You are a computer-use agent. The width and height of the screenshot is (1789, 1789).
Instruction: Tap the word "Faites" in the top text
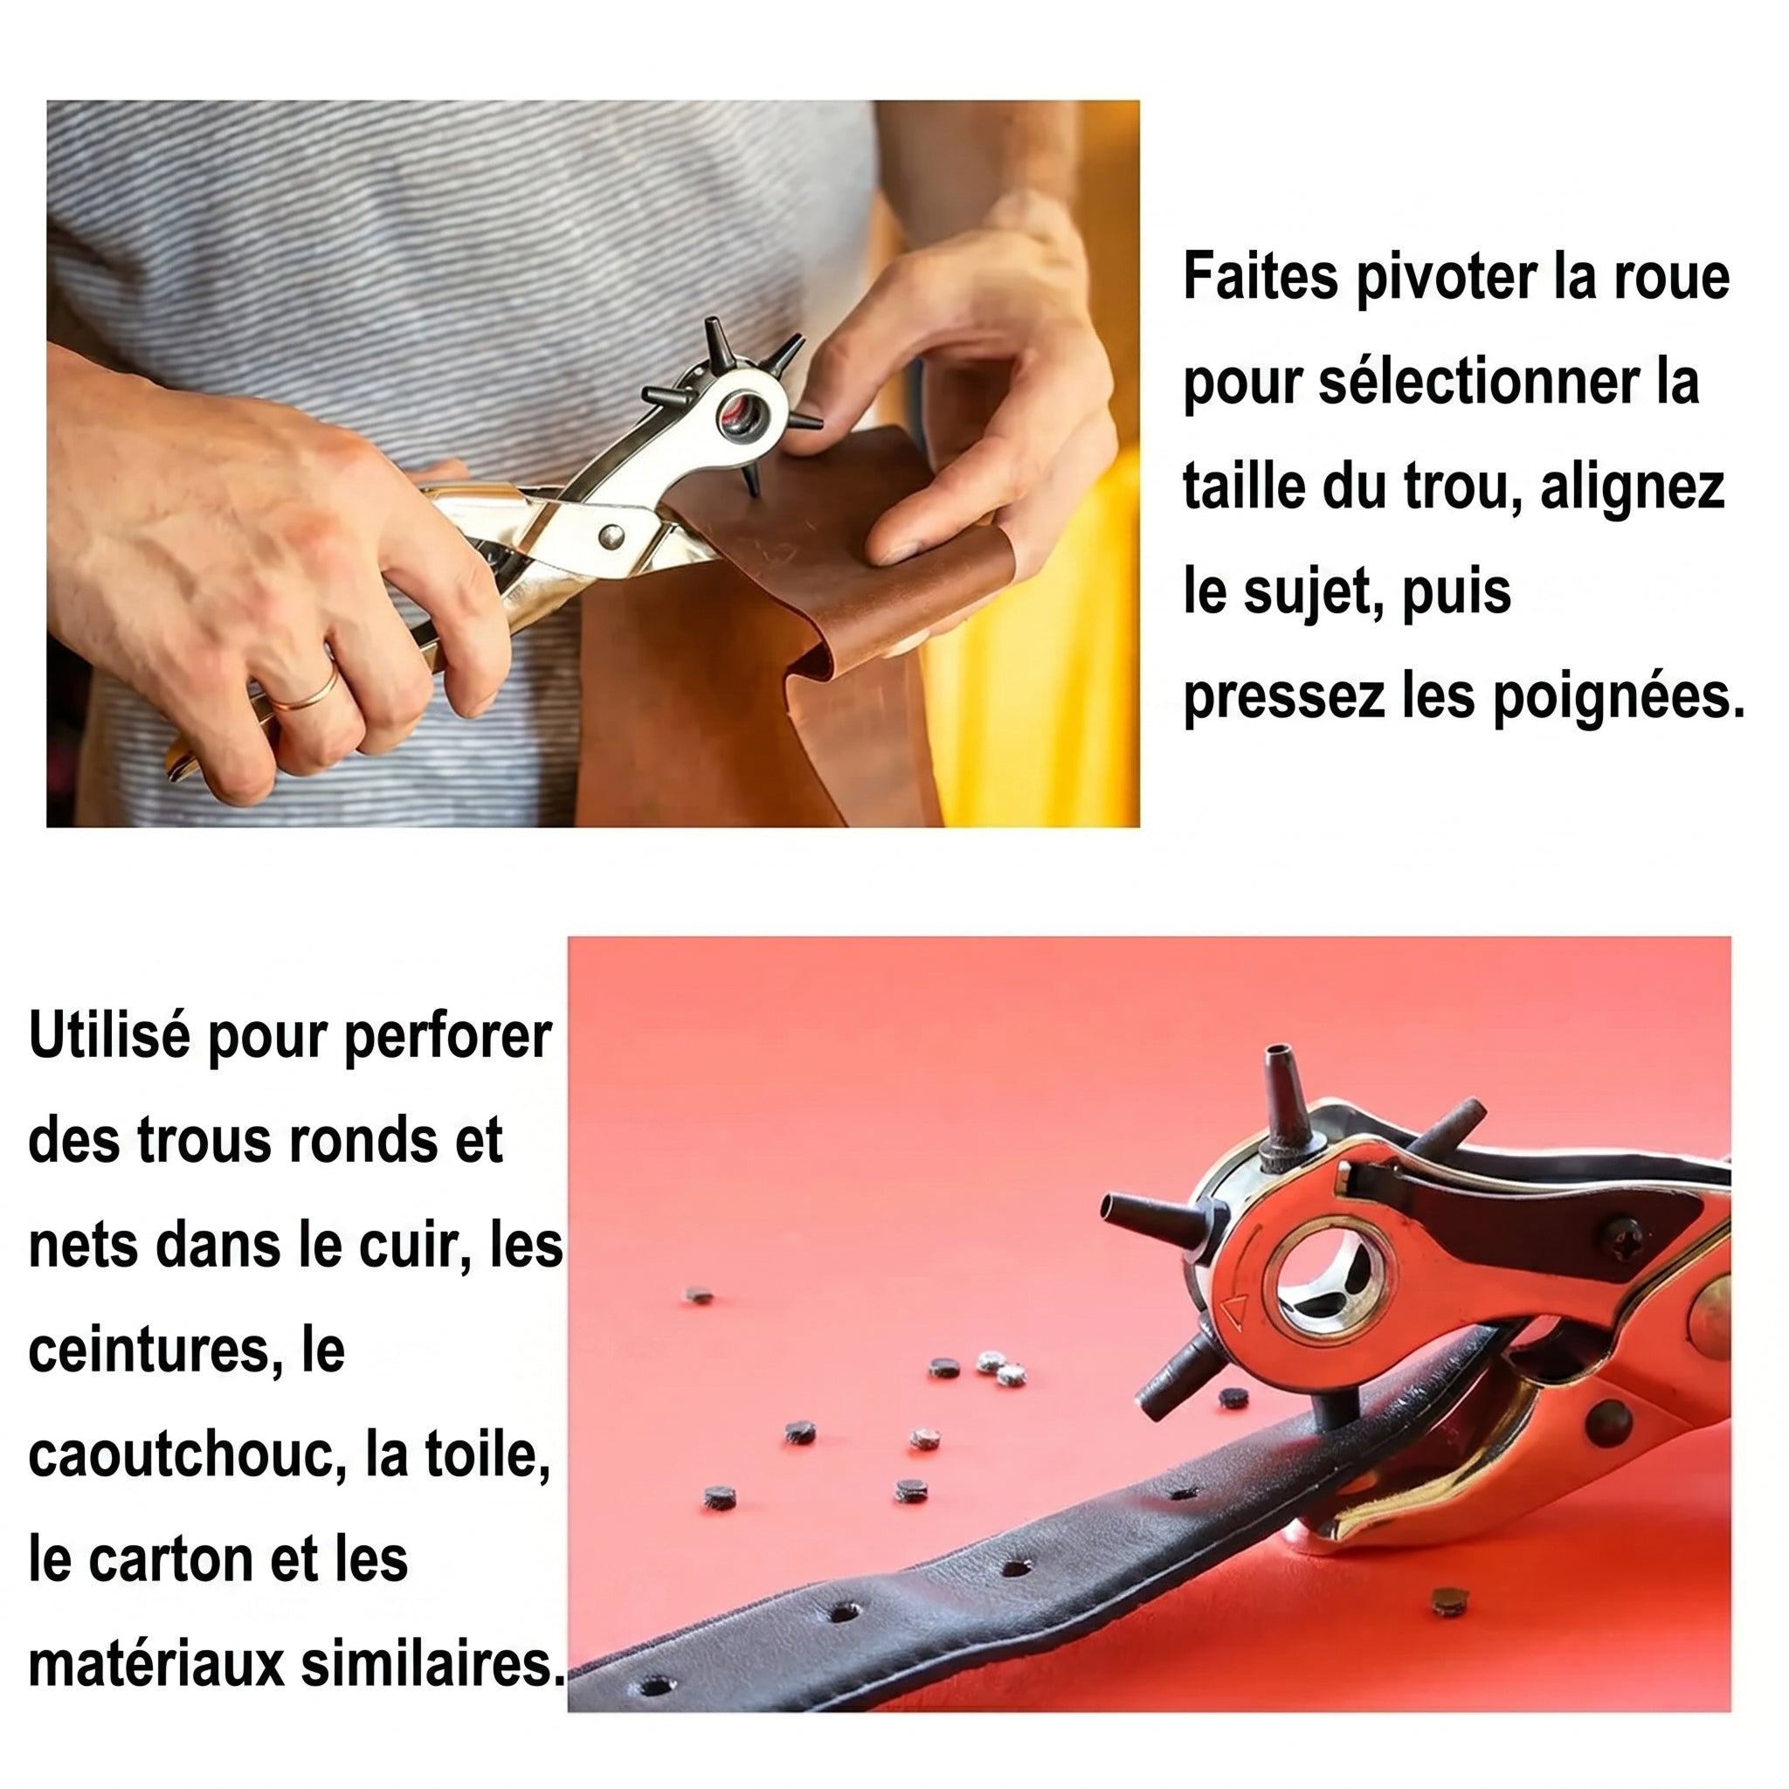click(1261, 275)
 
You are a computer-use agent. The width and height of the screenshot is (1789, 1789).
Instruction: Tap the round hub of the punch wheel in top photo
click(741, 414)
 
